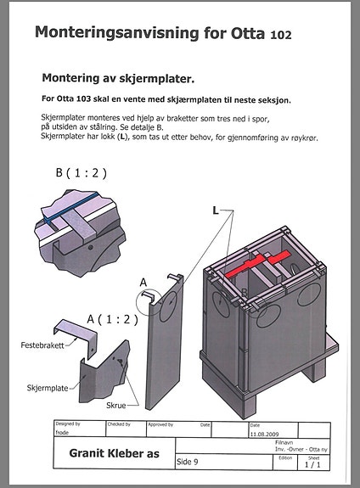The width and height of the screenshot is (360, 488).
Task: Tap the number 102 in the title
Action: [280, 36]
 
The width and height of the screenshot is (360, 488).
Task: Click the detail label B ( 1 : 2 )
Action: [82, 172]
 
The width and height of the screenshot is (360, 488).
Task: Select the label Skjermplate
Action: [46, 387]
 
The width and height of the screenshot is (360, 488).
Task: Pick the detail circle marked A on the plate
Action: [149, 298]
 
